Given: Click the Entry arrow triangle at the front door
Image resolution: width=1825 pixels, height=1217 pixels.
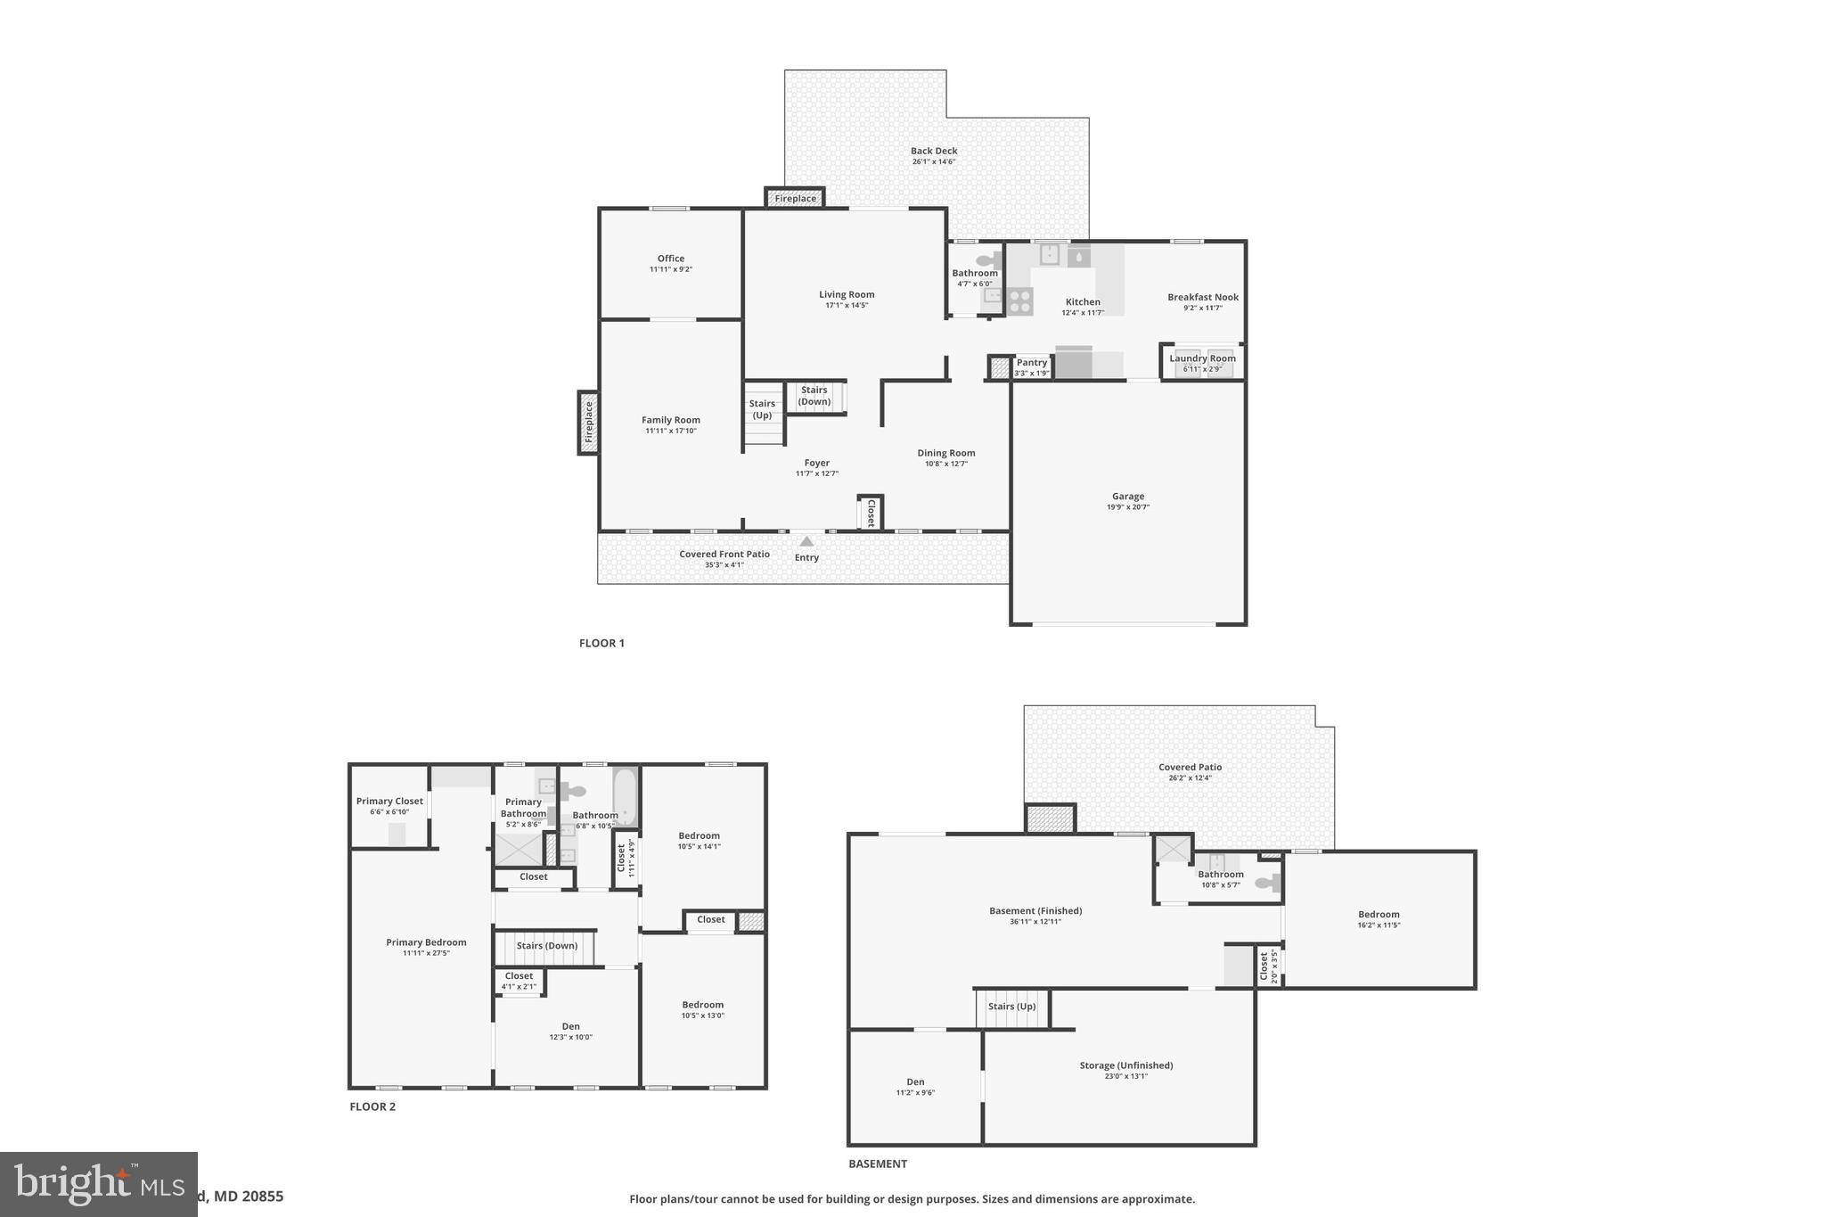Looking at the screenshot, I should tap(806, 541).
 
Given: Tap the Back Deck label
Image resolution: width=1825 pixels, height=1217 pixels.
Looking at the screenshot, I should tap(934, 152).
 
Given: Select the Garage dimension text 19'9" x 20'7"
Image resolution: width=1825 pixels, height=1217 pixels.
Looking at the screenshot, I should tap(1128, 507).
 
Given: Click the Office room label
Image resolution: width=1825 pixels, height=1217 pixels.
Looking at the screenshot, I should tap(671, 259).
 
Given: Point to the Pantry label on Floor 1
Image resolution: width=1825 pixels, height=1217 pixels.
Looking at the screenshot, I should tap(1032, 363).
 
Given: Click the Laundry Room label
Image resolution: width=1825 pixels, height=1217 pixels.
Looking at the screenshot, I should tap(1202, 358).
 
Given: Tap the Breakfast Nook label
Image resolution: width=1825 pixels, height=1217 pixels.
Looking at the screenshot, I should tap(1203, 297).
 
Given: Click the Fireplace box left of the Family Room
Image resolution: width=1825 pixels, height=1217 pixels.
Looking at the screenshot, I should tap(588, 423).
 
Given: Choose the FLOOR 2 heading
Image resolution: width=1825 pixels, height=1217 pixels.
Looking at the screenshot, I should tap(372, 1106).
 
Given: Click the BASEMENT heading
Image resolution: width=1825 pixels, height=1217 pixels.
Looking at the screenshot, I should tap(878, 1164).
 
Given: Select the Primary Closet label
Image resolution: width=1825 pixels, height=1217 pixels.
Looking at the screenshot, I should tap(389, 801).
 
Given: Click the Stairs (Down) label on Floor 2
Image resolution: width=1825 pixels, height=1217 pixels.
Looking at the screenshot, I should tap(547, 946).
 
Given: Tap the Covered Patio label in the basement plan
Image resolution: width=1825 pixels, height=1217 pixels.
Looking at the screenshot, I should tap(1190, 767).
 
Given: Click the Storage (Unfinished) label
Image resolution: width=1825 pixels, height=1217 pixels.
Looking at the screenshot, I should tap(1125, 1065).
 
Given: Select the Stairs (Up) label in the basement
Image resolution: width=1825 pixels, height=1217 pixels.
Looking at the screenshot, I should tap(1011, 1007).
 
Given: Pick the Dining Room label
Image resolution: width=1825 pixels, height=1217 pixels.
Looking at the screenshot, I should tap(946, 453).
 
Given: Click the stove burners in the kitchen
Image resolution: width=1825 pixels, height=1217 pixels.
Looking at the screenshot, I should tap(1020, 301).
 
